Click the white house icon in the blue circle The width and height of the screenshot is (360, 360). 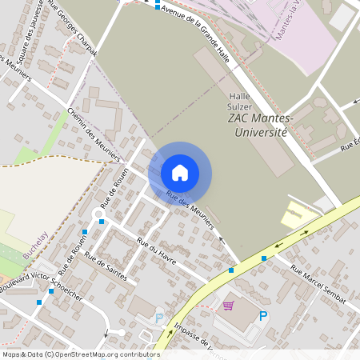coord(180,172)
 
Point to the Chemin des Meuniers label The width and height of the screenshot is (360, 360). coord(94,132)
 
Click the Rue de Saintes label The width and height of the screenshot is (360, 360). coord(106,266)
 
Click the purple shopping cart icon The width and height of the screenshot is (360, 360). coord(229,305)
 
